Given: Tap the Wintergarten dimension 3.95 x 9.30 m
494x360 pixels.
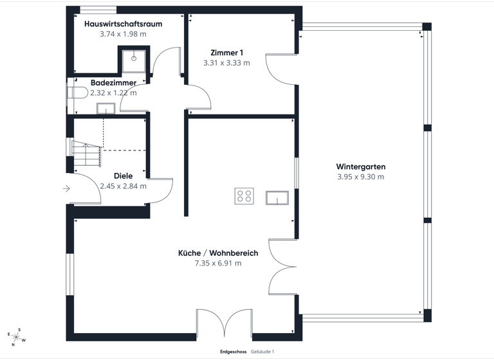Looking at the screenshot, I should [360, 177].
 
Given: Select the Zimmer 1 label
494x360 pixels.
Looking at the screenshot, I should [226, 53].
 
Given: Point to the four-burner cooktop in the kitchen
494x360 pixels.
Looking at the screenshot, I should [244, 196].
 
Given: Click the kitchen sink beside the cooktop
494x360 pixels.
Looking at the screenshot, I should [277, 197].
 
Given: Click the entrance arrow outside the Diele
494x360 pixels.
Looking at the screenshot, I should [67, 188].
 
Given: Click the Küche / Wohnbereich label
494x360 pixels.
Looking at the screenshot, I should [218, 253].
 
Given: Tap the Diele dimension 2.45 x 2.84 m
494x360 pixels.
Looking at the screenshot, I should [123, 186].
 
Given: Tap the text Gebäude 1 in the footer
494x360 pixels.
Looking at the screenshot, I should [262, 352].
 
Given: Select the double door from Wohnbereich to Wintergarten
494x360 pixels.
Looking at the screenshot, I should [282, 267].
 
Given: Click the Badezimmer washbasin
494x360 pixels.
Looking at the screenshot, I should [105, 108].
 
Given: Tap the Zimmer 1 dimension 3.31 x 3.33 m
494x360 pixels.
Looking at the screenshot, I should [226, 63].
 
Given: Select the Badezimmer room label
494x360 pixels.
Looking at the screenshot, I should [113, 83].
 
